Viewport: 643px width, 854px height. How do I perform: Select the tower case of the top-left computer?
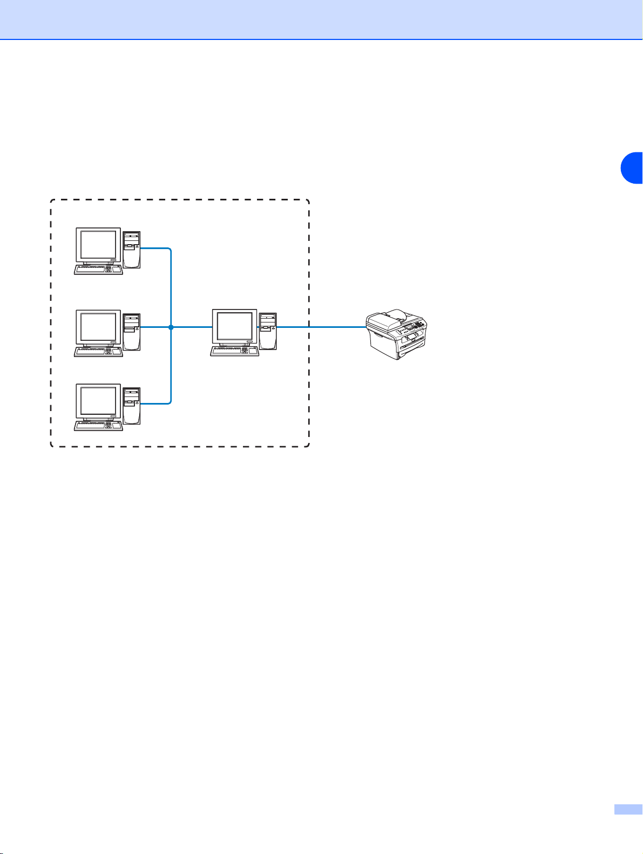point(132,250)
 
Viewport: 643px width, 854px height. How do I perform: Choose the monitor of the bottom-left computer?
point(98,402)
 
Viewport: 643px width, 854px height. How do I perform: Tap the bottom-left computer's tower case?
point(132,406)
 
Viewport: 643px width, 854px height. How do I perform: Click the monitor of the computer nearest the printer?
point(234,327)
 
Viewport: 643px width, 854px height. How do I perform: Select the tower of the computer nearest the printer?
point(268,331)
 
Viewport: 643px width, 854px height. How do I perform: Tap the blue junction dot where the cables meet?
point(171,327)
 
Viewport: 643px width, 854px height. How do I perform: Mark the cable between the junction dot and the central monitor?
point(191,327)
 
